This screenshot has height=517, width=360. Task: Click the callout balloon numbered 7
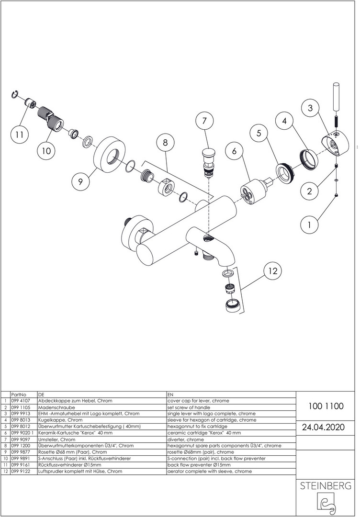[204, 122]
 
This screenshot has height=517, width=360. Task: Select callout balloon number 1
[309, 224]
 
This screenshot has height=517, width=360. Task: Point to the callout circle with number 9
[81, 181]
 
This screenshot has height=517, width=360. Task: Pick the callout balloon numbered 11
[19, 135]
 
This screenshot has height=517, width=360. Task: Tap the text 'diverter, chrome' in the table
[185, 439]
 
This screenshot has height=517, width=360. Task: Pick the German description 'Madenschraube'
[54, 407]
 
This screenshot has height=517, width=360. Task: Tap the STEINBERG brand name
[326, 486]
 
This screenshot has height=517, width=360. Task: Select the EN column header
[170, 394]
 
